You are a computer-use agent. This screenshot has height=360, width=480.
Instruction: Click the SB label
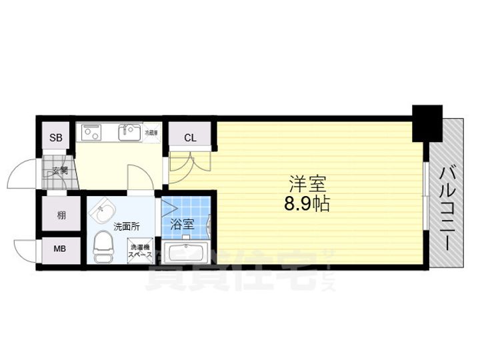pyautogui.click(x=56, y=138)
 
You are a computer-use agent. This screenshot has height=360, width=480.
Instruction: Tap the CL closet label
pyautogui.click(x=190, y=138)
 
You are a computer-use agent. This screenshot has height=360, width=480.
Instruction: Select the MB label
pyautogui.click(x=60, y=250)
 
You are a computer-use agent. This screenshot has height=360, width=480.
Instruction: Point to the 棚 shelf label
pyautogui.click(x=61, y=215)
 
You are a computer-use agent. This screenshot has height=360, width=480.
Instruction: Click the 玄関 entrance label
pyautogui.click(x=60, y=171)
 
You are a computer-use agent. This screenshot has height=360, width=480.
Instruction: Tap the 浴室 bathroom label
pyautogui.click(x=182, y=225)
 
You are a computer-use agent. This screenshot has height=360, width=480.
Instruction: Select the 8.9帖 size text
pyautogui.click(x=307, y=204)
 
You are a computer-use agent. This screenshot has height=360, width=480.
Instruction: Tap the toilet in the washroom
pyautogui.click(x=103, y=247)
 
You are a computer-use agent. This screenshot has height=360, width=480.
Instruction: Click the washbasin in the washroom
pyautogui.click(x=101, y=214)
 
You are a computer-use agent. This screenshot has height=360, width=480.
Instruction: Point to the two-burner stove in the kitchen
pyautogui.click(x=91, y=133)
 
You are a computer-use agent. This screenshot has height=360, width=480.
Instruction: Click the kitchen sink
pyautogui.click(x=129, y=133)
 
